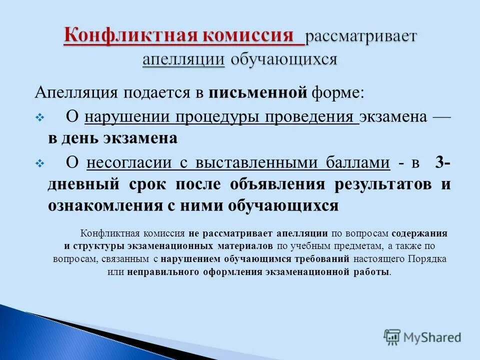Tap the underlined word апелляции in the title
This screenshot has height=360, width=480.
click(183, 59)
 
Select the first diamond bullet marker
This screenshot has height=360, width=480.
click(41, 118)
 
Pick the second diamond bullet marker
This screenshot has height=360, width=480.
click(41, 163)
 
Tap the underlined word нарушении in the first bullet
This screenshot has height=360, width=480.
click(127, 117)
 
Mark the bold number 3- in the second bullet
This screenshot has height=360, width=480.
click(442, 162)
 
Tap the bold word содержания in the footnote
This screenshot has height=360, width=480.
click(419, 233)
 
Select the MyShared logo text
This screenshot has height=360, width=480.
click(432, 337)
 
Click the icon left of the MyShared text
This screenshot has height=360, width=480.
click(392, 337)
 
